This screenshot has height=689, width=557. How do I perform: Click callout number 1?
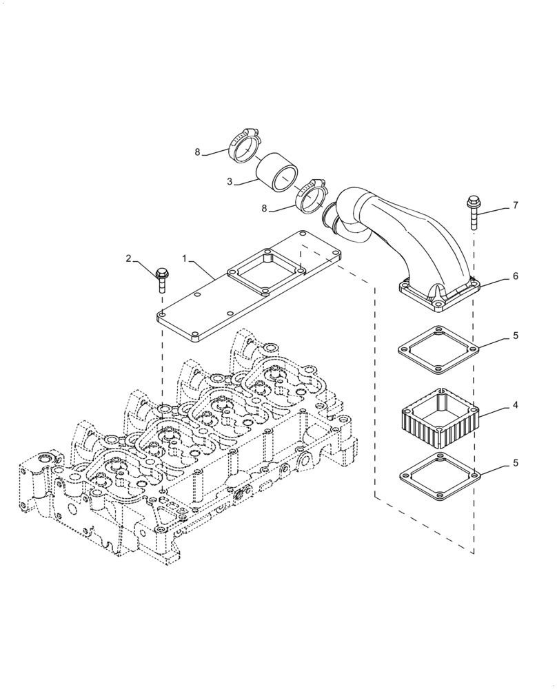click(184, 258)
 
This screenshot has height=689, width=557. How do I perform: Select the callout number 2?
click(128, 258)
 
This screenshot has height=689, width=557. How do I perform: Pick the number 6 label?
click(516, 276)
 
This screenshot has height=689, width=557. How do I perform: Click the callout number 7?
click(516, 206)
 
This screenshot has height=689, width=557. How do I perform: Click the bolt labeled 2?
click(161, 279)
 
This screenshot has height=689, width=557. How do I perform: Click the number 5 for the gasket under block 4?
click(516, 464)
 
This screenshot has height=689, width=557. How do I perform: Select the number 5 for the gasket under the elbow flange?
click(516, 337)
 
